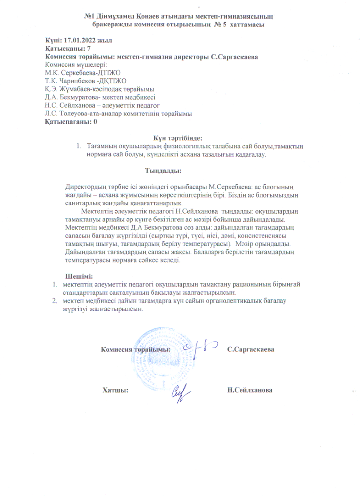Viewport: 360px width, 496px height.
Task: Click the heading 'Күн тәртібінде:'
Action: pos(178,138)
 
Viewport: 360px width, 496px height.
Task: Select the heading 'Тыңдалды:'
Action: pos(163,171)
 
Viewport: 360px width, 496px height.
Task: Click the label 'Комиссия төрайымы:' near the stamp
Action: pos(136,350)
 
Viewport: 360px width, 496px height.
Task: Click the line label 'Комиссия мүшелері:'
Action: pos(71,65)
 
